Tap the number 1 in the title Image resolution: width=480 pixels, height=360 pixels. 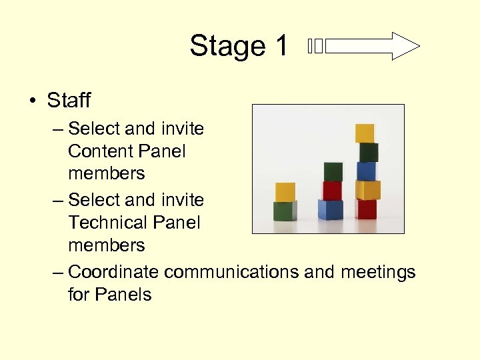(281, 46)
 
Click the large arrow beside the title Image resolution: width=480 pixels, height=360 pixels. (373, 47)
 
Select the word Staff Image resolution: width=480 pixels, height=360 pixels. (69, 101)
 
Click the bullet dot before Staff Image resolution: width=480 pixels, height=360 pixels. (31, 101)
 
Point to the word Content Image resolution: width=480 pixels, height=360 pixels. (99, 151)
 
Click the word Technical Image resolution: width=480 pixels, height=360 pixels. (105, 223)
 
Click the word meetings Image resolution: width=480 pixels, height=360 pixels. (378, 272)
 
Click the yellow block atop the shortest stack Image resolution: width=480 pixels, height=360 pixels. (285, 192)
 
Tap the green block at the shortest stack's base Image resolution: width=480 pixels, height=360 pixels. (285, 211)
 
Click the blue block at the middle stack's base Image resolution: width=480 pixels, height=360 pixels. (331, 209)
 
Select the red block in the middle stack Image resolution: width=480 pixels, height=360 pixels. (332, 191)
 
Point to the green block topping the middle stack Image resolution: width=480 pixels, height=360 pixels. (333, 172)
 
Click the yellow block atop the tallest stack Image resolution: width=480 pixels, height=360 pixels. (365, 133)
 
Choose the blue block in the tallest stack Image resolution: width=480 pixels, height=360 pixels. (367, 171)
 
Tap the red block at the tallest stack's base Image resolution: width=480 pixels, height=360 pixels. (367, 209)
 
